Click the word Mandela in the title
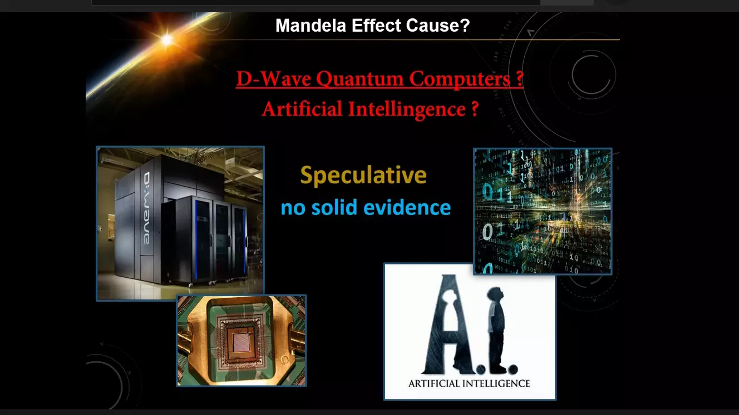[311, 26]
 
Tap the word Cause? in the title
[438, 26]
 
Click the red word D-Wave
[273, 79]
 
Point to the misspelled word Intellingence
[407, 109]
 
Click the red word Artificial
[302, 109]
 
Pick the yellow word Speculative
[363, 176]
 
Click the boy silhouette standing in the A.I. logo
[496, 329]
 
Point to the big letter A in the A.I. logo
[449, 324]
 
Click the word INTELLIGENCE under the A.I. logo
[496, 383]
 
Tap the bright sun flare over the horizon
[167, 40]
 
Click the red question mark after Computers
[519, 79]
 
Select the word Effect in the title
[376, 26]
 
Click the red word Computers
[460, 79]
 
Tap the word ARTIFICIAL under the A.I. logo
[434, 383]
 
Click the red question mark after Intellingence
[475, 109]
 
